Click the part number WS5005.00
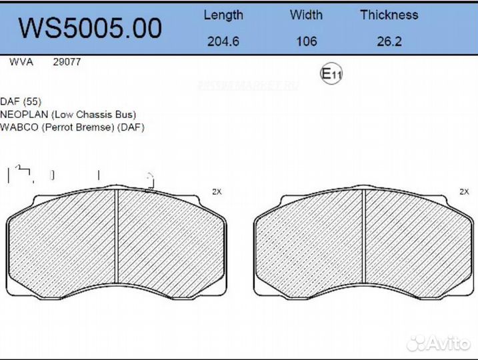pos(90,28)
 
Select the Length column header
pos(223,15)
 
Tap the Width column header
pos(306,15)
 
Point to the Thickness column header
pos(389,15)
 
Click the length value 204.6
pos(223,41)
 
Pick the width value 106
pos(306,41)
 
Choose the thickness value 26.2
pos(389,41)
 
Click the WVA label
pos(19,62)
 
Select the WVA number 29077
pos(67,62)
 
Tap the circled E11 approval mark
pos(331,74)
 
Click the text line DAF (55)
pos(21,101)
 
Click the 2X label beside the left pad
pos(216,191)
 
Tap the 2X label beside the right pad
pos(464,191)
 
